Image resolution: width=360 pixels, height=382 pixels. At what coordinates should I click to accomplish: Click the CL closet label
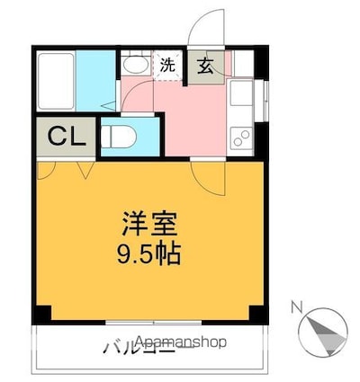click(x=66, y=138)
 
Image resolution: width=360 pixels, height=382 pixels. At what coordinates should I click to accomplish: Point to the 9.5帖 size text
click(x=150, y=253)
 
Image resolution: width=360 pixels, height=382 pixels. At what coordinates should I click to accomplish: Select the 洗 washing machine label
click(x=168, y=65)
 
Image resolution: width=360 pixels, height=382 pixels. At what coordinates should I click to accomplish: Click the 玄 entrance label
click(x=204, y=65)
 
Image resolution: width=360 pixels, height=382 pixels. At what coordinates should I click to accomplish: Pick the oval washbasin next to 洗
click(x=136, y=66)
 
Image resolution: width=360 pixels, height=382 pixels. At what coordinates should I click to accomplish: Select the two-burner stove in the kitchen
click(x=241, y=138)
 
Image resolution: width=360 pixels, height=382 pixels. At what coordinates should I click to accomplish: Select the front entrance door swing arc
click(x=209, y=28)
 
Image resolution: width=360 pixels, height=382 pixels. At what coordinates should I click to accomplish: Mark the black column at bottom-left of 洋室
click(x=42, y=315)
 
